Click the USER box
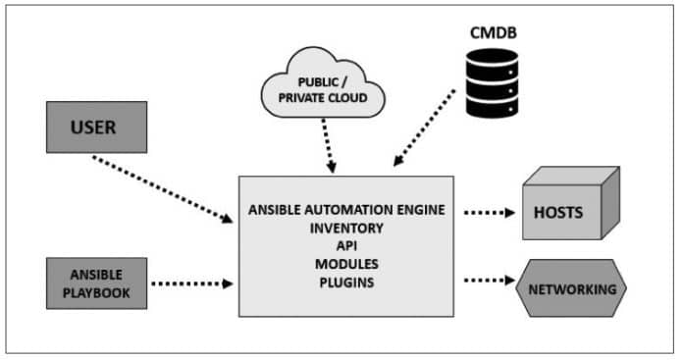pos(95,128)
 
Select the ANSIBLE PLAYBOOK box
pos(95,283)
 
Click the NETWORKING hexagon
pos(571,289)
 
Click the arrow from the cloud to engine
pos(330,147)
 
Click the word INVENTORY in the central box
pos(346,229)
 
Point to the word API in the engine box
pos(347,246)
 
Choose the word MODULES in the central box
pos(346,265)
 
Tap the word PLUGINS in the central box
pos(346,283)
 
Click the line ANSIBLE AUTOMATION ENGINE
pos(347,210)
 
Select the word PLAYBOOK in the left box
pos(95,292)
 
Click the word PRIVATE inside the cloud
pos(301,99)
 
